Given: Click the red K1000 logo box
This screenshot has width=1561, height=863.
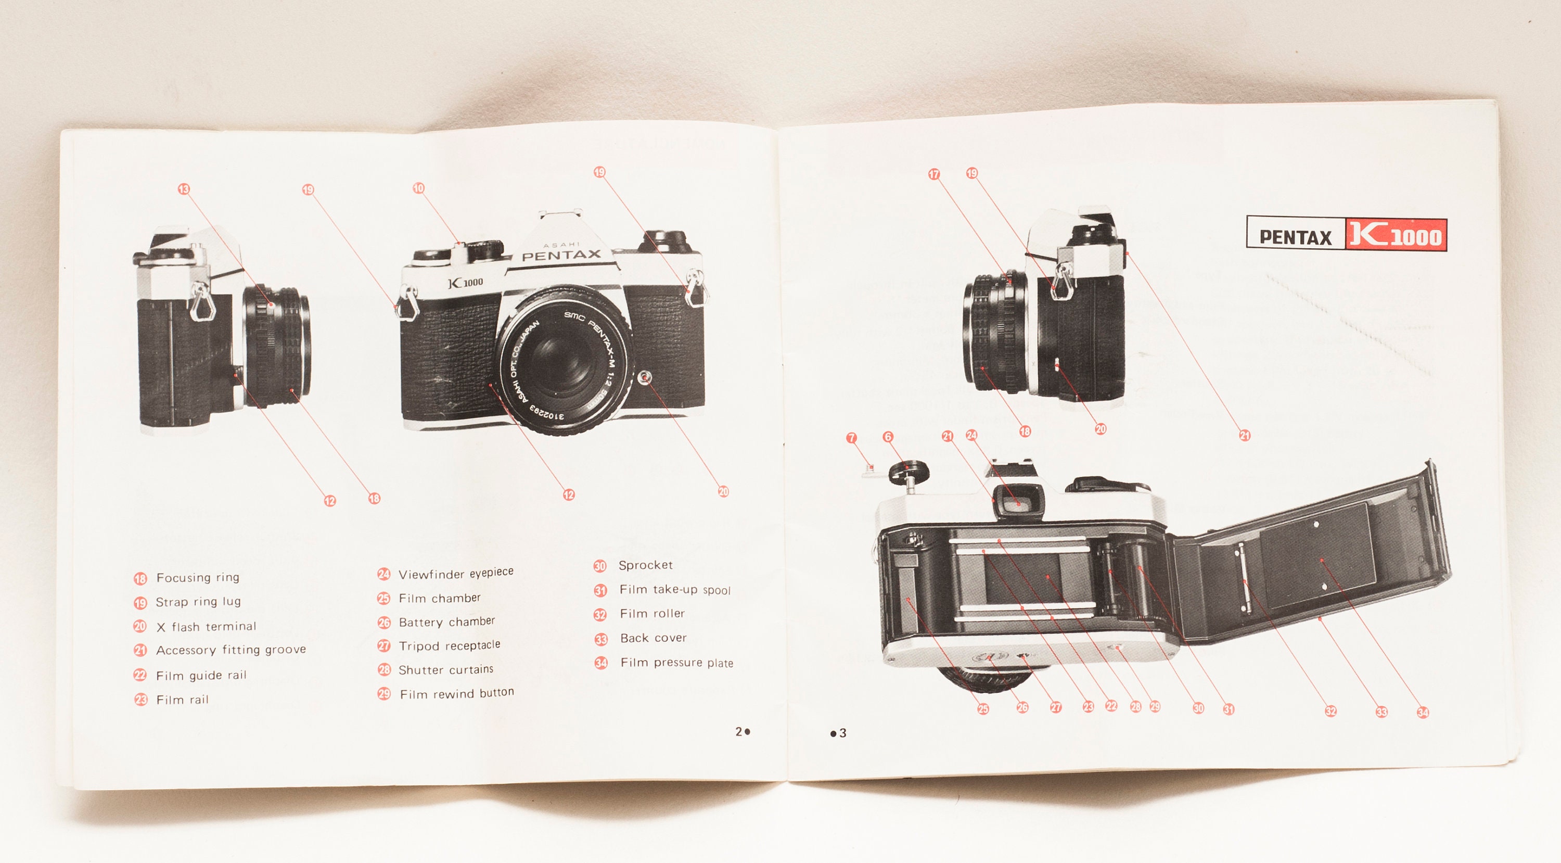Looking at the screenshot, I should tap(1396, 235).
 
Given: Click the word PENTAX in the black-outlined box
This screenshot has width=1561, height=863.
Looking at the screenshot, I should tap(1295, 237).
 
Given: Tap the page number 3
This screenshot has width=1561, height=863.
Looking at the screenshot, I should tap(842, 733).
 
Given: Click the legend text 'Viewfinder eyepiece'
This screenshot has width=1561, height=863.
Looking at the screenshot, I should tap(456, 573).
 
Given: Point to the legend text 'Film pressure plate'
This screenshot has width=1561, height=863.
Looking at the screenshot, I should tap(676, 663).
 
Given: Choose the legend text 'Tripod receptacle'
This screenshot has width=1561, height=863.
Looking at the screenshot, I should tap(449, 645).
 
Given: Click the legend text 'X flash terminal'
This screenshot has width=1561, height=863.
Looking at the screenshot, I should tap(206, 627).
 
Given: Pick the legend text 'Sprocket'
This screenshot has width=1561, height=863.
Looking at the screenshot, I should tap(645, 565).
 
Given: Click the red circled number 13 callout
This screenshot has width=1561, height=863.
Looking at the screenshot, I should tap(184, 189).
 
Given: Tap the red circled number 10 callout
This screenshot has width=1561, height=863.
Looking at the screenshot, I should tap(419, 188).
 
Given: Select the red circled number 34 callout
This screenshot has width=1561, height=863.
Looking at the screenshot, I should tap(1423, 712).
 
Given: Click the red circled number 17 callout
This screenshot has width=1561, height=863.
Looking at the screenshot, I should tap(934, 174).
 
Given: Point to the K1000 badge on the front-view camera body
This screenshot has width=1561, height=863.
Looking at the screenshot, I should tap(465, 283).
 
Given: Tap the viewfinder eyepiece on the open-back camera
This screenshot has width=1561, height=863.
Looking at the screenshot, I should tap(1018, 502).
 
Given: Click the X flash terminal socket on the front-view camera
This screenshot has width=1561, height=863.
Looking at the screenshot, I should tap(645, 378).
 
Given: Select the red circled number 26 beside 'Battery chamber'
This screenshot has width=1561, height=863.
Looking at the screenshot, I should tap(383, 623).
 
